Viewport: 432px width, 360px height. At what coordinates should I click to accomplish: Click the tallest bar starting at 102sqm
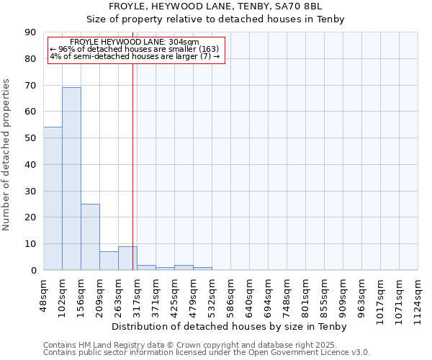71,179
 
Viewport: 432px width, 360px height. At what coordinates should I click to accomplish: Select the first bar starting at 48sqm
53,199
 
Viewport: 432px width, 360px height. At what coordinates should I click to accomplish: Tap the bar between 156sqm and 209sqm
90,237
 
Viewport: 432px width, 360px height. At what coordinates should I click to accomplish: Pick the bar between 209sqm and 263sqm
109,261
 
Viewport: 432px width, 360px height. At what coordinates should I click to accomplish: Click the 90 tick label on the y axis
30,32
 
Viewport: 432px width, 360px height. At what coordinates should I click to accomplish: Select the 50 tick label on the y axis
30,138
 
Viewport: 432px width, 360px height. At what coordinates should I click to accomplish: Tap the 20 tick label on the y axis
30,217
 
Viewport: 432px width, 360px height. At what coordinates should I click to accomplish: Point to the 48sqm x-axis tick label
44,294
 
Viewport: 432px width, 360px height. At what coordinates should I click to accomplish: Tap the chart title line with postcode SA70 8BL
216,6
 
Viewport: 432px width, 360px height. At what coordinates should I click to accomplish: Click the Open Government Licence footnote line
207,352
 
